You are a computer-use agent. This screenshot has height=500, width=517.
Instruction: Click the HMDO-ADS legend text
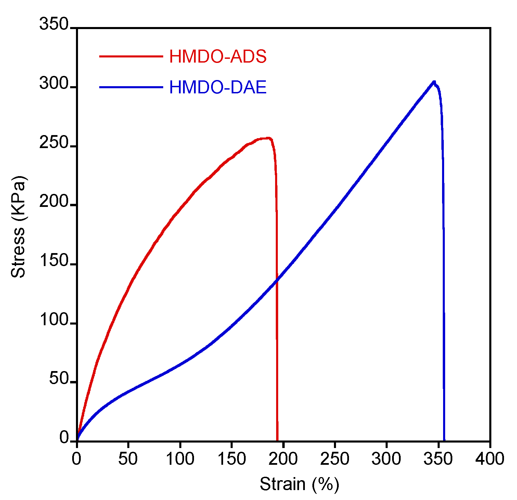218,56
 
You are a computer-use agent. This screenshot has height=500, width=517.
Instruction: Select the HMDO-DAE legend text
218,88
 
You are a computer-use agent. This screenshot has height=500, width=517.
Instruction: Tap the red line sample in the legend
131,56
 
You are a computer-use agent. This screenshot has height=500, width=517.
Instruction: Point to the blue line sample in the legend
131,87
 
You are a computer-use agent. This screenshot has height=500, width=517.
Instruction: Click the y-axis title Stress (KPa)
18,227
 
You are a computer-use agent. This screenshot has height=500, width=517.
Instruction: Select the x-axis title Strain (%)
299,484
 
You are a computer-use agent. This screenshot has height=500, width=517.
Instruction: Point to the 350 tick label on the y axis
54,25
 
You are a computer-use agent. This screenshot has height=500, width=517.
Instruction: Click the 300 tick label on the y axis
54,84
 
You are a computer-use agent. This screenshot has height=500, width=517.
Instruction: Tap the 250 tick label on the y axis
54,143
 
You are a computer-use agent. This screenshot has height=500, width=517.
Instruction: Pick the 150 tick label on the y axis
54,261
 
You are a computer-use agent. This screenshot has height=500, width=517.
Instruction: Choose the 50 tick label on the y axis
59,379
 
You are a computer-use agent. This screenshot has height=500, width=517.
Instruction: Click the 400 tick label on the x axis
490,459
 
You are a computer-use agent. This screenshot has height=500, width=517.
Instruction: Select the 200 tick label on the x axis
283,459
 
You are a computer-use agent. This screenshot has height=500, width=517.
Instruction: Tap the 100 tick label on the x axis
180,459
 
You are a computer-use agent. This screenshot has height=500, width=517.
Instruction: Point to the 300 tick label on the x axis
386,459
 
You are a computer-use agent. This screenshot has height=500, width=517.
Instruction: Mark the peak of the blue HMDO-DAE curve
434,82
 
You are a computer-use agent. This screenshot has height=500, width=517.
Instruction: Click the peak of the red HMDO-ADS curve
269,138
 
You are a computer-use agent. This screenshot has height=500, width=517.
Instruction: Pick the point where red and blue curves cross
276,280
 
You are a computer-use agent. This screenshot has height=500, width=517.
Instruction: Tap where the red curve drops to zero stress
277,440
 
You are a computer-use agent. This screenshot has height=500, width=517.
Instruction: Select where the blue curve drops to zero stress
444,440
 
